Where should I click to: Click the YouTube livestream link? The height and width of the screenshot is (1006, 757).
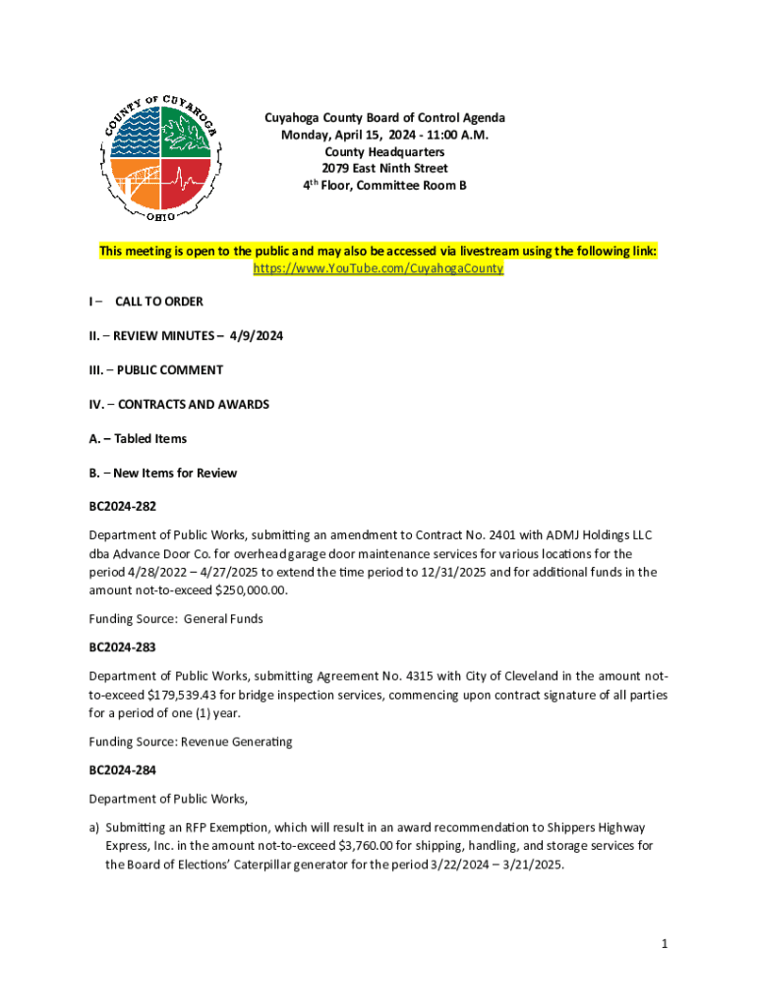coord(378,268)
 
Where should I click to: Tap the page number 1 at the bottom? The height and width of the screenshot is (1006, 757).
coord(665,944)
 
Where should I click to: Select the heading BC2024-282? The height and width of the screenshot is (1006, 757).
coord(123,507)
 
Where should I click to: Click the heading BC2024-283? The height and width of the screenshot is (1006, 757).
coord(123,647)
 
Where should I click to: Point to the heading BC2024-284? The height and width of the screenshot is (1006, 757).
coord(123,770)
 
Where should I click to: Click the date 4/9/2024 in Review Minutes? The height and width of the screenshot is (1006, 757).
coord(257,336)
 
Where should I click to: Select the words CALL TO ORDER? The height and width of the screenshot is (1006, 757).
coord(159,302)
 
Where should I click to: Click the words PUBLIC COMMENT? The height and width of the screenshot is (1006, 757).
coord(170,370)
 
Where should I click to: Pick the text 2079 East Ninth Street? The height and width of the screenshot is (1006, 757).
coord(384,168)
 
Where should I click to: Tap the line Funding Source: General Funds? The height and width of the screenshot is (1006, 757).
coord(176,619)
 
